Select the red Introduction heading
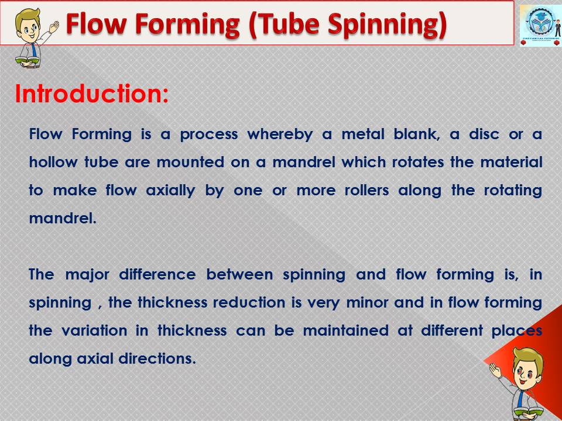point(92,94)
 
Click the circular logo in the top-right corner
point(540,23)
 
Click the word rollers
point(366,190)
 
